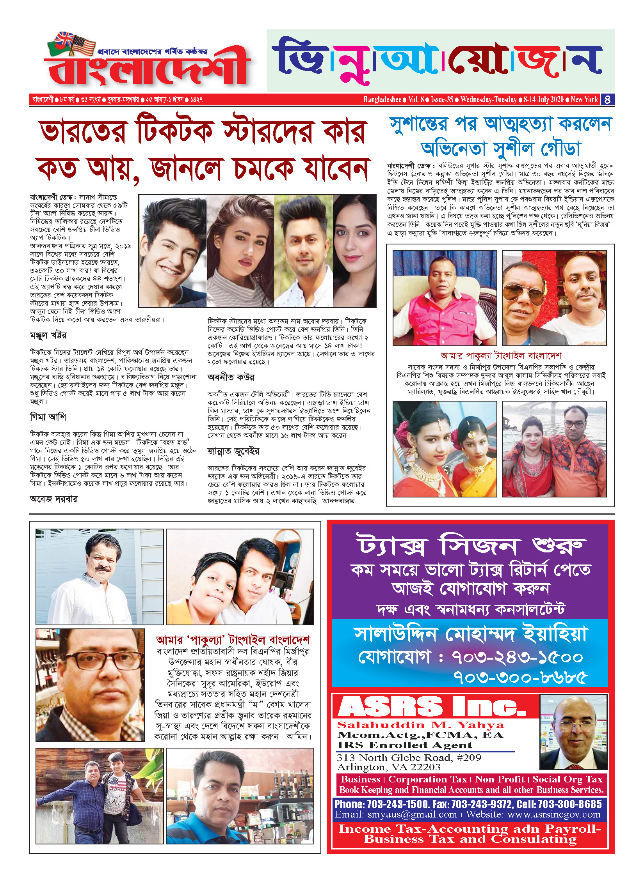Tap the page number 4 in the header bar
(607, 99)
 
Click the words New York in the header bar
(584, 99)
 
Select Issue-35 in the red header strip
(442, 99)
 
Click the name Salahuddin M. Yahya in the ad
(421, 725)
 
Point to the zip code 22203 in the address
(427, 767)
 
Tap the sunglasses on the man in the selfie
(524, 291)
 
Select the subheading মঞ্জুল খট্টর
(48, 335)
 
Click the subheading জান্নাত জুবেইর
(233, 451)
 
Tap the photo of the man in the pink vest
(445, 298)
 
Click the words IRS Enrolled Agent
(405, 745)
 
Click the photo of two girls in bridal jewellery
(445, 449)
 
